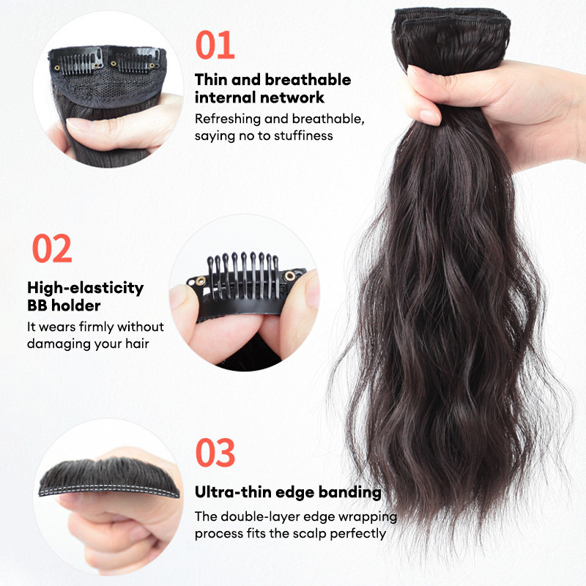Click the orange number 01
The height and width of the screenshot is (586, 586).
tap(215, 45)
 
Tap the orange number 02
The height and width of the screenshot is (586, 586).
tap(52, 248)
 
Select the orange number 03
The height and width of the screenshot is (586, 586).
tap(215, 453)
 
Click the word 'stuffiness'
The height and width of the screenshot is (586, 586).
tap(303, 136)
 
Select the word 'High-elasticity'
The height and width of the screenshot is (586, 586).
tap(85, 288)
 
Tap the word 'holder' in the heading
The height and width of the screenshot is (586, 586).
tap(76, 305)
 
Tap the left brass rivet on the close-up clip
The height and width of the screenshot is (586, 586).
tap(201, 281)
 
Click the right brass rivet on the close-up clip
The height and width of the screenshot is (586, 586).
tap(289, 276)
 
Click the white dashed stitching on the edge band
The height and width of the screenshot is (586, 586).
tap(108, 490)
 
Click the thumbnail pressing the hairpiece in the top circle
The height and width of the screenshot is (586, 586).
tap(79, 125)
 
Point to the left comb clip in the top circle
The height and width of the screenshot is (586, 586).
tap(78, 61)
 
